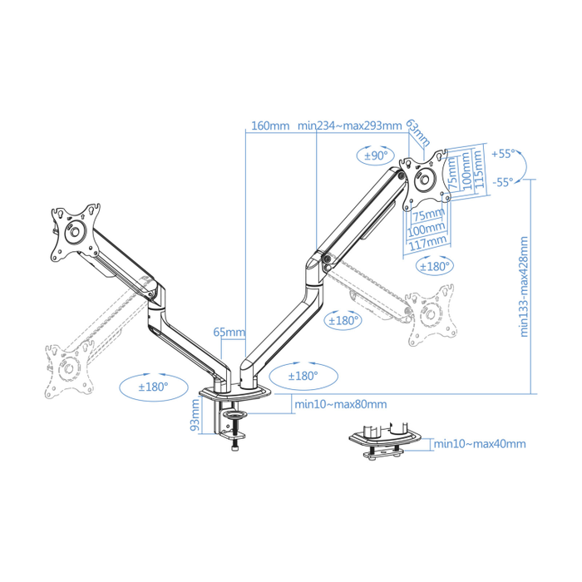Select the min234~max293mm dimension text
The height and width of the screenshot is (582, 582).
(350, 126)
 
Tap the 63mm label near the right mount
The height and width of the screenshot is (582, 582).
(418, 131)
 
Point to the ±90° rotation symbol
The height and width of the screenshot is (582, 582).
(376, 155)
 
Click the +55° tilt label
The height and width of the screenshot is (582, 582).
(503, 155)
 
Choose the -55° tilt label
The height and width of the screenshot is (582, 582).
(503, 182)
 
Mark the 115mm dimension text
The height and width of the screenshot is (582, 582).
(478, 170)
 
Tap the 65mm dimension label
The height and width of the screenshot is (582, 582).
(229, 333)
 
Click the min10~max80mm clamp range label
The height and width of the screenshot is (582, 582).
(341, 405)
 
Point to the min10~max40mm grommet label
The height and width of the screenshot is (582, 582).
(481, 444)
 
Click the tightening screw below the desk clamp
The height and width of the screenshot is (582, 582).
(235, 446)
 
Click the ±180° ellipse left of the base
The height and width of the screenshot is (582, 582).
(153, 386)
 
